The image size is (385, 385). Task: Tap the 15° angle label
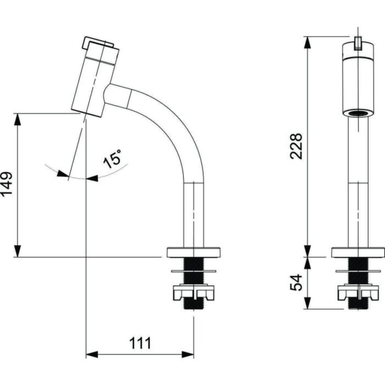112,159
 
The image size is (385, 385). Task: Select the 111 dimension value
140,343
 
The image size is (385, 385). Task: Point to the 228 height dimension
296,146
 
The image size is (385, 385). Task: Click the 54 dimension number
296,282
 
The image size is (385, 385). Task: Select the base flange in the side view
194,252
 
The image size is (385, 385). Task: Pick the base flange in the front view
358,252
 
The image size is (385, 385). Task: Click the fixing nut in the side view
194,292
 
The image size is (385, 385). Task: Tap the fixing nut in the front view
358,292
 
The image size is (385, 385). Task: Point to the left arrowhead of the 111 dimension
92,355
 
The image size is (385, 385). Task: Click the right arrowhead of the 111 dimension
188,355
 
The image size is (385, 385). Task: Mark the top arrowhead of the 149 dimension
17,119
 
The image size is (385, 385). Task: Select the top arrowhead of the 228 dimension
307,43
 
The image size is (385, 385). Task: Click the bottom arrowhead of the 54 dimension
307,303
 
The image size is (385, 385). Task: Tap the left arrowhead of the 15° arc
63,174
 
